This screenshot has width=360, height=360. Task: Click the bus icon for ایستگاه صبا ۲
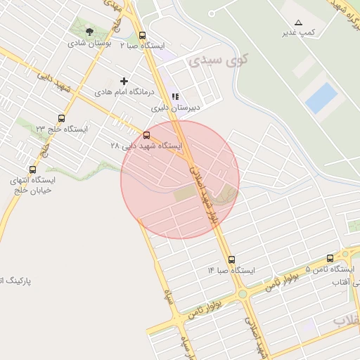coord(143,35)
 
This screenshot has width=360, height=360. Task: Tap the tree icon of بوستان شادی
coord(89,32)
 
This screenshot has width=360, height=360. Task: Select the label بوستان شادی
coord(86,43)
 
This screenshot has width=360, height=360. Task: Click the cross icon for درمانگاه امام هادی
coord(124,82)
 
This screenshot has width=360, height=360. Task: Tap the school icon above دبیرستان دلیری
coord(175,97)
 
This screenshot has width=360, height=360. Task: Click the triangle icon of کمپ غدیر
coord(299,22)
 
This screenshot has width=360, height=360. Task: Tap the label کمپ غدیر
coord(298,33)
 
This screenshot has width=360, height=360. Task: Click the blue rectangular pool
coord(321,98)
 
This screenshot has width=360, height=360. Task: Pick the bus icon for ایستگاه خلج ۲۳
coord(62,119)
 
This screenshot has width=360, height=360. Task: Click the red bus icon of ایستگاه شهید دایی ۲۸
coord(146,134)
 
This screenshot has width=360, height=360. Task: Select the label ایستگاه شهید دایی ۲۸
coord(146,146)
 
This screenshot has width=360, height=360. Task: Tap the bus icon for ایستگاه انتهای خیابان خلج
coord(32,169)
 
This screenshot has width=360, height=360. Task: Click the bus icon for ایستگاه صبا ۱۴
coord(231,259)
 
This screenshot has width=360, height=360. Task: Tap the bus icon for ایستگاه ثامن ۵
coord(330,259)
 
